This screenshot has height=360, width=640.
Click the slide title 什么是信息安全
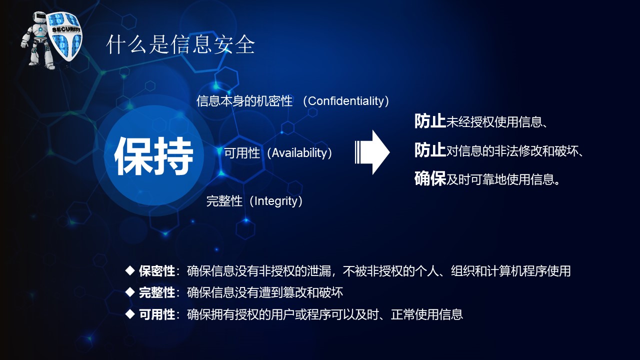pos(180,45)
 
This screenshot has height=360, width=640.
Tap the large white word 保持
pos(154,156)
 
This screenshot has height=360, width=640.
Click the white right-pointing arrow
pos(373,152)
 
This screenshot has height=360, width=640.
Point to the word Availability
pos(299,153)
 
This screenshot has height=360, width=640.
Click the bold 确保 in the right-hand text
pos(430,178)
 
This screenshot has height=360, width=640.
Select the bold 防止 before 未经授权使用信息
pos(430,121)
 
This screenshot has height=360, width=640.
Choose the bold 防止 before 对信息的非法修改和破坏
pos(430,150)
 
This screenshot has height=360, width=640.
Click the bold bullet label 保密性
pos(157,271)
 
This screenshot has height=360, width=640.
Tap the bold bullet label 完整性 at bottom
pos(157,292)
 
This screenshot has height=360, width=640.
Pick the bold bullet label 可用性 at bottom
pos(157,314)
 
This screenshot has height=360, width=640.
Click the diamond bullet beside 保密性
pos(130,270)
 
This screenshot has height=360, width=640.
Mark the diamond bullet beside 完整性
pos(130,292)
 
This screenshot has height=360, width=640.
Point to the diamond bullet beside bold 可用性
pos(130,314)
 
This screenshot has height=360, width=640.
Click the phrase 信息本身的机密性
pos(244,101)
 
